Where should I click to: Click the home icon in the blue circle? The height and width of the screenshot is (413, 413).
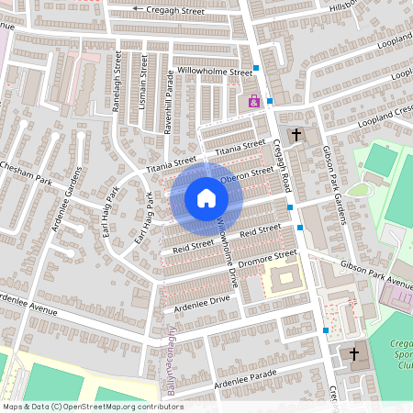pyautogui.click(x=206, y=198)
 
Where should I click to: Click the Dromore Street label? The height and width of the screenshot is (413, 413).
pyautogui.click(x=266, y=259)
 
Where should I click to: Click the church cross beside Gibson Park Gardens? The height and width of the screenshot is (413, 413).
pyautogui.click(x=296, y=136)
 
